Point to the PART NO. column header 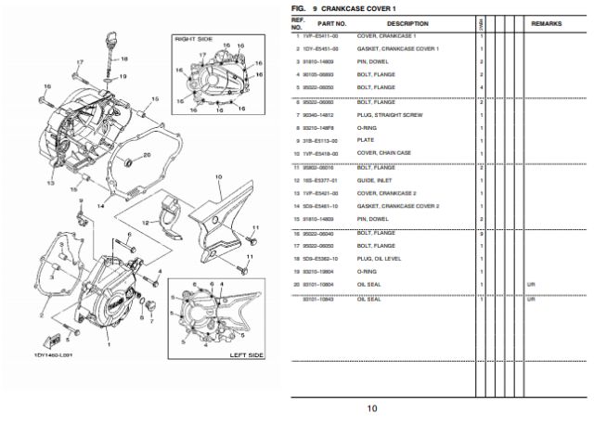click(331, 23)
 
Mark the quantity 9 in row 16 click(483, 233)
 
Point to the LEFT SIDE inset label click(246, 355)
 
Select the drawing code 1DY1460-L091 click(53, 353)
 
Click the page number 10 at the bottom click(370, 407)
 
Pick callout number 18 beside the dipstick click(123, 58)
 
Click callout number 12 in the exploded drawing click(145, 223)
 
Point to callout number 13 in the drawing click(39, 184)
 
